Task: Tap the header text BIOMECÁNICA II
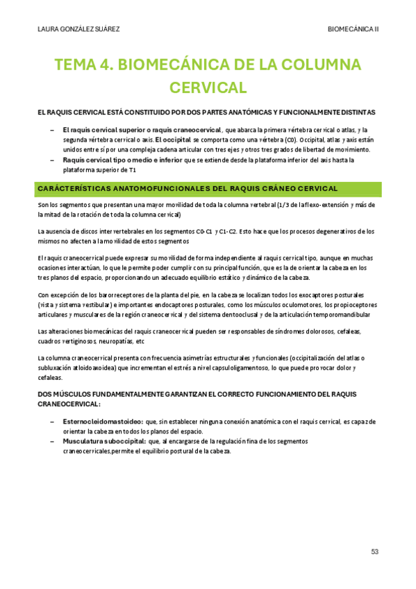(353, 30)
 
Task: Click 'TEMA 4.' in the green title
(83, 67)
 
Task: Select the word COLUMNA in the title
(319, 67)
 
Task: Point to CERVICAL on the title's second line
(208, 88)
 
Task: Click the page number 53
(374, 552)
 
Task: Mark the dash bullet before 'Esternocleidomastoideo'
(53, 421)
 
